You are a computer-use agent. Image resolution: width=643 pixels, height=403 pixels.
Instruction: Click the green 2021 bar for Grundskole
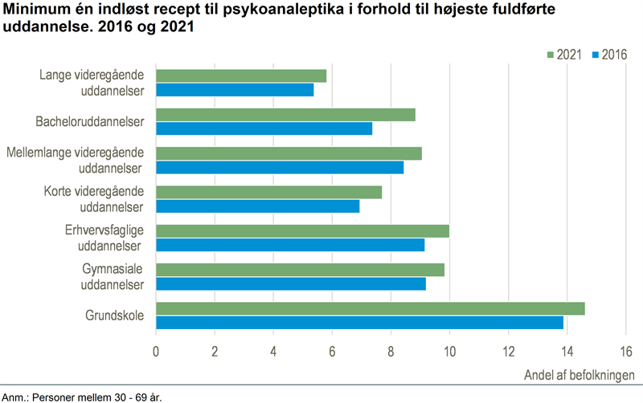point(370,309)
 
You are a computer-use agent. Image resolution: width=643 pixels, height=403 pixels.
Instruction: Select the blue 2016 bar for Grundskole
point(359,323)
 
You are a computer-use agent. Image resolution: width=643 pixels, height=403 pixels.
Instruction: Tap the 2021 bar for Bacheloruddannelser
point(285,115)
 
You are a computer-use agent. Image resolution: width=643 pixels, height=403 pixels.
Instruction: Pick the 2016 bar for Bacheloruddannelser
point(264,128)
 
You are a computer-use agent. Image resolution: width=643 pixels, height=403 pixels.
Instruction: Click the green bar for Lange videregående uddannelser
point(241,76)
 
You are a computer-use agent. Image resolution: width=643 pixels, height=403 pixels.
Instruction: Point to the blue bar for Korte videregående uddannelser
point(257,206)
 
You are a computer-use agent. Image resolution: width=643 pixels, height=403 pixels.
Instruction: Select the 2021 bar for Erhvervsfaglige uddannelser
point(302,231)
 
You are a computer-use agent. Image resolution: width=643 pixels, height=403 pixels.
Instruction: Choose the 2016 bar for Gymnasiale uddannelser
point(290,283)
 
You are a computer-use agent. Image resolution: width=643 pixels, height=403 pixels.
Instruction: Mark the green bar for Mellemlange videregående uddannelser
point(289,153)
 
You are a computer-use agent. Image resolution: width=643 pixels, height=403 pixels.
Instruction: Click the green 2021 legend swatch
point(551,55)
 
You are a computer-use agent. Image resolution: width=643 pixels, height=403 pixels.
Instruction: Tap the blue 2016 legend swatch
point(596,55)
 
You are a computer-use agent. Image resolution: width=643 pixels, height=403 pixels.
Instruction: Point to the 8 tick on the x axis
point(391,351)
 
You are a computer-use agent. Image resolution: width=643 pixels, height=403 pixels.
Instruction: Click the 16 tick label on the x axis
point(625,351)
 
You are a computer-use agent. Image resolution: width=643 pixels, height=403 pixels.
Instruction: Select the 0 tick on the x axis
point(156,351)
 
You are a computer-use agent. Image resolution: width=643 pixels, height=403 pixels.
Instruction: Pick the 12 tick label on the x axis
point(508,351)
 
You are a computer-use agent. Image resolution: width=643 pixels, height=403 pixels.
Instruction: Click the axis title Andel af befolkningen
point(580,375)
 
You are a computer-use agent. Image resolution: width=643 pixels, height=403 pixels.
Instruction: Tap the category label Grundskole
point(114,315)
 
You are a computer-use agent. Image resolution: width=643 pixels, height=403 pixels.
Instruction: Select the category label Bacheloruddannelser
point(90,122)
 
